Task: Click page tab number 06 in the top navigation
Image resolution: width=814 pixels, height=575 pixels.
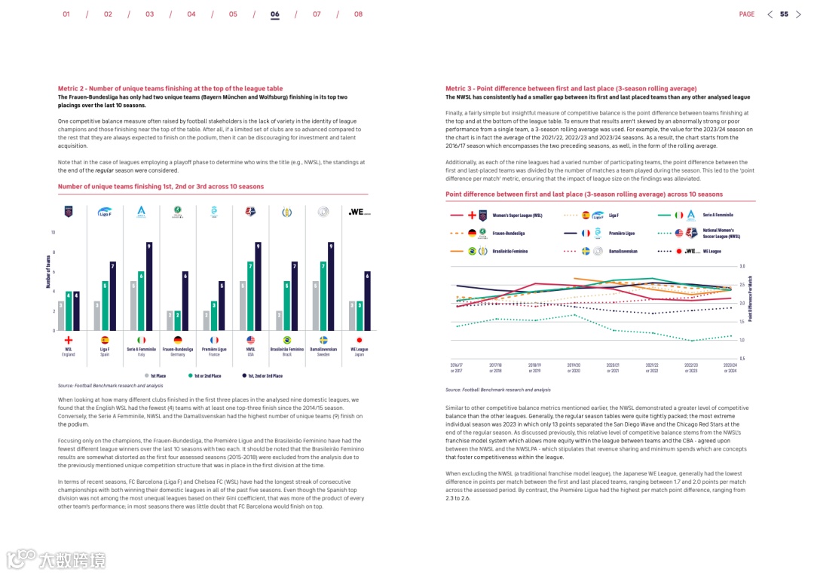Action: pos(275,14)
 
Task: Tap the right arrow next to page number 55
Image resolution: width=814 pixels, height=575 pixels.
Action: pos(799,14)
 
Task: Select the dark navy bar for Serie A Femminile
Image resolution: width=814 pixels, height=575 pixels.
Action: pos(149,286)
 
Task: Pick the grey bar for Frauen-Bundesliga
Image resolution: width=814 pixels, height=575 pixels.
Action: pos(170,320)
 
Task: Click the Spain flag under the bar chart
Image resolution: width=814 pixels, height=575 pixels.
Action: pos(105,341)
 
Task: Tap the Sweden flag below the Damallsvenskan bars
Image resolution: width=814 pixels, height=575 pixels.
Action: pos(323,341)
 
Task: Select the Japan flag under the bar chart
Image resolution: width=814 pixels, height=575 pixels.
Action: pos(360,341)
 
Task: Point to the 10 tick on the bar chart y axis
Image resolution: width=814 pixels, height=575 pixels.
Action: pos(53,232)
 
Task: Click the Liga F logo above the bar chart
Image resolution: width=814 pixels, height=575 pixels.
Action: pos(105,212)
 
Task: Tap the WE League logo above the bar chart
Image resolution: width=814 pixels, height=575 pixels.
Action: pos(360,213)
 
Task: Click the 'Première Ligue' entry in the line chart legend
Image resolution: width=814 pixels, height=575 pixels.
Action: pos(621,234)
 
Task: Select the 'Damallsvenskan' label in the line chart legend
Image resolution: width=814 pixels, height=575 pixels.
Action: pos(623,251)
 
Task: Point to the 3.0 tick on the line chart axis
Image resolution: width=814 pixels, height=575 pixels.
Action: pos(742,267)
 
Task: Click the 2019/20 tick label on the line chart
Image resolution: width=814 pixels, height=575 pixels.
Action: pos(574,366)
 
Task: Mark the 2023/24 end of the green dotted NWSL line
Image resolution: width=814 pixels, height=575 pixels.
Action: pos(731,336)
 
